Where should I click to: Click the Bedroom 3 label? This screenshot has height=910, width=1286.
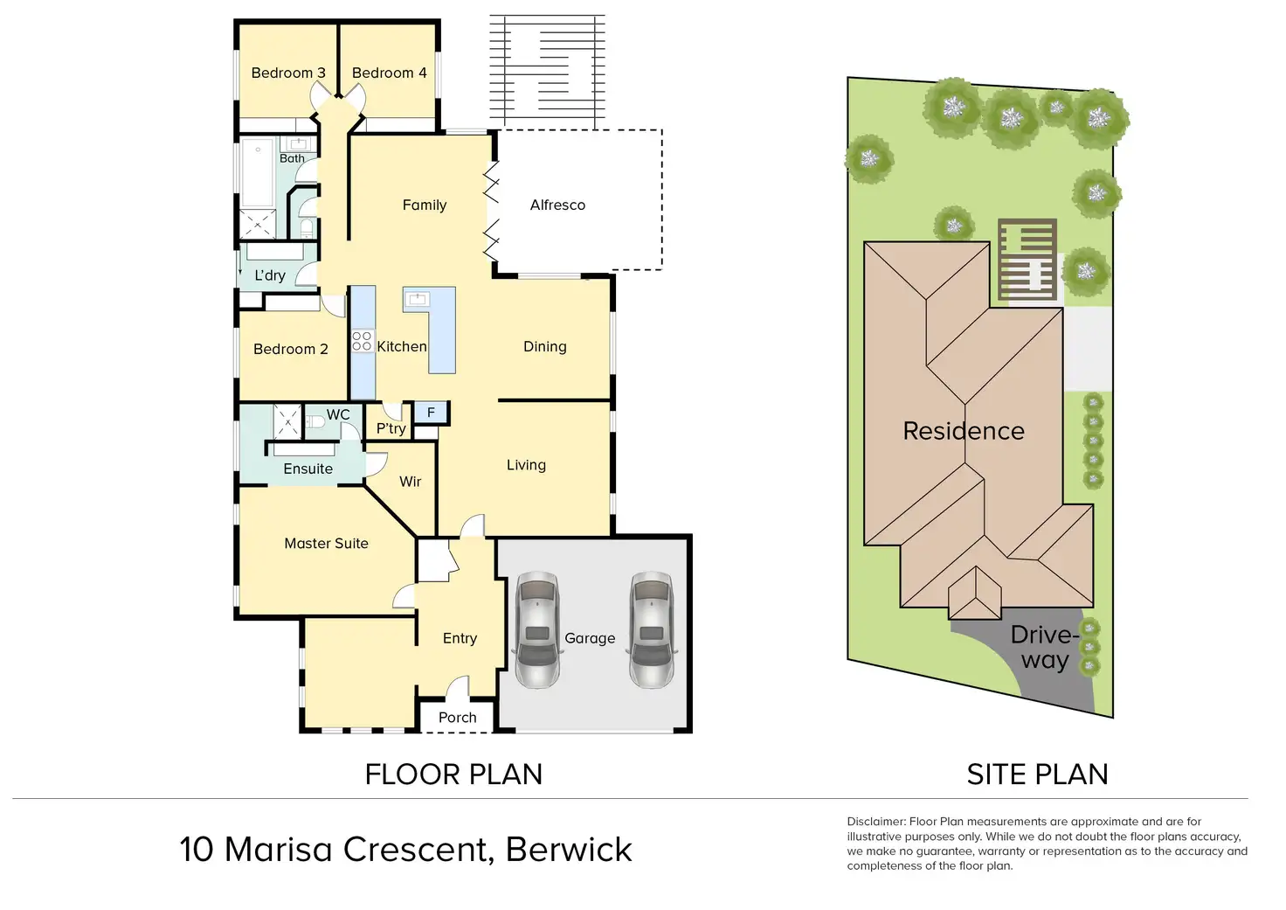287,73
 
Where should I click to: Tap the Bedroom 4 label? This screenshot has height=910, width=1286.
389,73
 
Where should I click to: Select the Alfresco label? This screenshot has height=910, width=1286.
557,205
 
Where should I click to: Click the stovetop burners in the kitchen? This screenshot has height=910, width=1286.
362,341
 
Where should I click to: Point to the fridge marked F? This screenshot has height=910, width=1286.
431,413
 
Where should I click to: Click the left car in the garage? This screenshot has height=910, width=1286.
536,629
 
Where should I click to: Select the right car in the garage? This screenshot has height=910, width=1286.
651,629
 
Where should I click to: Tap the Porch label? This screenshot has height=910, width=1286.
457,718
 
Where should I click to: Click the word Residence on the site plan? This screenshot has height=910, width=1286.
963,431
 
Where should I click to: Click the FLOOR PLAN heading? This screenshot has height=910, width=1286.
453,775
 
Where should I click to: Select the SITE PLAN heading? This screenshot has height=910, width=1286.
1037,775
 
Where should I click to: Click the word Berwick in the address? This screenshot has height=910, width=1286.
569,850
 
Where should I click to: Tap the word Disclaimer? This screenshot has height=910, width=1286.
875,822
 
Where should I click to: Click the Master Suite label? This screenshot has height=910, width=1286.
326,543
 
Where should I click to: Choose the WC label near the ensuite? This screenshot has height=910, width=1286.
338,414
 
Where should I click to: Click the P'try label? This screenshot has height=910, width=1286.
391,428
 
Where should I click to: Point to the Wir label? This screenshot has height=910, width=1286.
410,482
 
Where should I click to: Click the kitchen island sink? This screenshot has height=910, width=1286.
417,299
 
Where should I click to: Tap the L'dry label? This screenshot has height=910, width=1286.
269,275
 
